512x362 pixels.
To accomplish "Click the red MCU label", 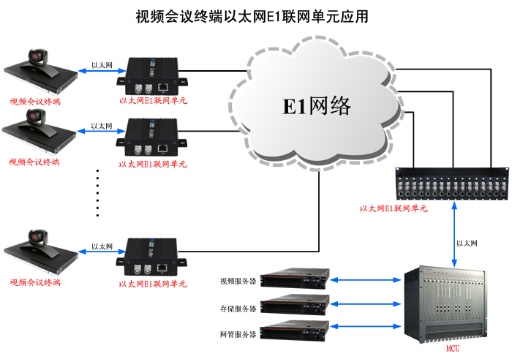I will pos(453,349).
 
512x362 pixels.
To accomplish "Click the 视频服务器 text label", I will pos(238,281).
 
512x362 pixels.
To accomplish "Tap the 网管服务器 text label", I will pos(238,334).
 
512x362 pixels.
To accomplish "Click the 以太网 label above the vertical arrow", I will pos(467,243).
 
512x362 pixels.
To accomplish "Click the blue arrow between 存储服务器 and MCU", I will pos(366,302).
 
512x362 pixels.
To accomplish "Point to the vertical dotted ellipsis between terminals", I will pos(98,192).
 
